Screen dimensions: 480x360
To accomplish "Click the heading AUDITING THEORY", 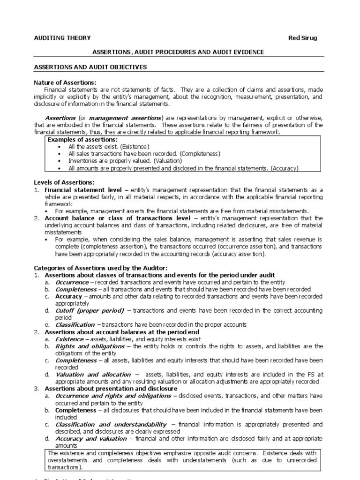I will point(62,38).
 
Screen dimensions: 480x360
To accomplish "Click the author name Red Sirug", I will point(302,38).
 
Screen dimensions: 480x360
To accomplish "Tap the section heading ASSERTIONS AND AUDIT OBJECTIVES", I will point(90,67).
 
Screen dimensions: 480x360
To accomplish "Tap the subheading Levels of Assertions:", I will point(64,182).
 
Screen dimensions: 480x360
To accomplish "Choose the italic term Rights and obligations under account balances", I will point(90,346).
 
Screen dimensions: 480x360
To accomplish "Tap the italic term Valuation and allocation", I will point(93,375).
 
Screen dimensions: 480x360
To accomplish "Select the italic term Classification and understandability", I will point(111,424).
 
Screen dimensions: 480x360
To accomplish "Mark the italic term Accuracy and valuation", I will point(91,438).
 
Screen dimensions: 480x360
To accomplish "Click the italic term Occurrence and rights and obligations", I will point(113,396).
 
